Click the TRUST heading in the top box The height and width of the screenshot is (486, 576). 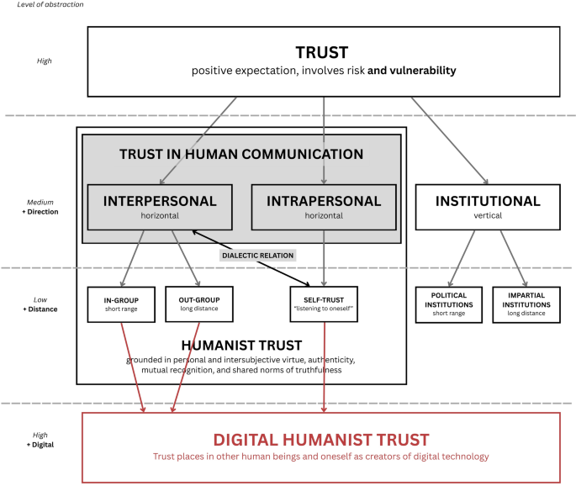coord(322,52)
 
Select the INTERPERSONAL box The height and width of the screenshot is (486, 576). coord(160,207)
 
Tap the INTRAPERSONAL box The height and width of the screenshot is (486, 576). coord(324,207)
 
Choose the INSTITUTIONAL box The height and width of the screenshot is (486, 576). coord(487,207)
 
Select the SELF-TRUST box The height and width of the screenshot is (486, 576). coord(324,304)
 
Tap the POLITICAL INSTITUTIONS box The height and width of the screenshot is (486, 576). coord(448,304)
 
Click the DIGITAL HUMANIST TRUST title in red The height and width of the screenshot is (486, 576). coord(321,439)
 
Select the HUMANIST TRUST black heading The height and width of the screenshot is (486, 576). coord(241,344)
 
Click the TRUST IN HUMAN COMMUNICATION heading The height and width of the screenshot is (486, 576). coord(241,155)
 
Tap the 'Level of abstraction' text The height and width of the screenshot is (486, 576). coord(51,5)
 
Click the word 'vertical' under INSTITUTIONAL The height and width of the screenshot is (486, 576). coord(487,217)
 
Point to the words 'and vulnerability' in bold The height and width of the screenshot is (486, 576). coord(412,71)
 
